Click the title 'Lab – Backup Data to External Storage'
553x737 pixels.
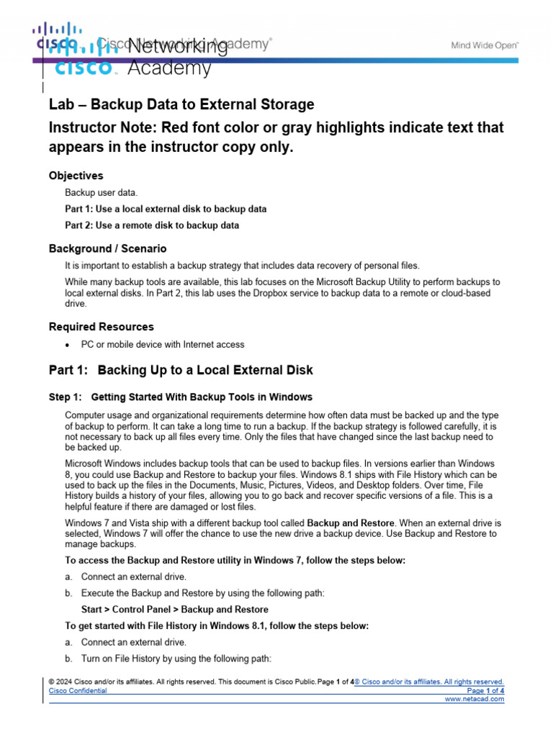181,104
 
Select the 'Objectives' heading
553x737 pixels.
76,176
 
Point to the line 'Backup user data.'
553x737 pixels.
102,193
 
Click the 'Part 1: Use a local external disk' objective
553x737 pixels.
166,209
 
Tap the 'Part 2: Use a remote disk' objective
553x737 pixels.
152,225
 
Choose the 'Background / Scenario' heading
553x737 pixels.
107,248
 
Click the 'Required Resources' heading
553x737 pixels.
101,327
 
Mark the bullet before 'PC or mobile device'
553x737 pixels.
68,345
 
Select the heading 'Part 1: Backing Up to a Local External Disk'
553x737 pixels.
181,371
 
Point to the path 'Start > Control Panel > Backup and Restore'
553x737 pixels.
175,610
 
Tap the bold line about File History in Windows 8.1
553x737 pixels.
217,626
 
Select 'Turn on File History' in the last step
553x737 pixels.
123,659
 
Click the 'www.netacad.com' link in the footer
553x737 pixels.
475,699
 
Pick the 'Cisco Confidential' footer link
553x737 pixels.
78,690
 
